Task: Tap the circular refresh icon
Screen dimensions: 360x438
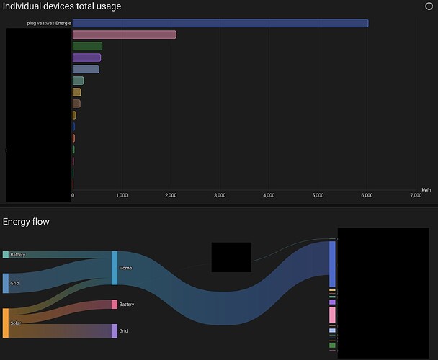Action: pos(429,6)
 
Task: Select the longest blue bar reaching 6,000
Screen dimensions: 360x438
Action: pos(220,23)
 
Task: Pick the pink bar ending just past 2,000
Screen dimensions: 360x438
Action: pos(124,35)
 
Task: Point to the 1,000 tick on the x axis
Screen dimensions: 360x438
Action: pos(122,195)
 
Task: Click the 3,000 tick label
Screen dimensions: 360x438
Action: pos(220,195)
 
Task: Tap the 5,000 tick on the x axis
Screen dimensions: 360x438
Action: pos(318,195)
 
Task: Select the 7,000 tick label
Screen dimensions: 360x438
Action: pos(416,195)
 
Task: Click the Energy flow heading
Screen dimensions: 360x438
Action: pos(26,222)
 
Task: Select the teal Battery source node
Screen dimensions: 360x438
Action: pos(6,255)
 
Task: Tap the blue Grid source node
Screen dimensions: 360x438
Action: pos(6,283)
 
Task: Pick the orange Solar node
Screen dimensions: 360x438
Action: pos(6,323)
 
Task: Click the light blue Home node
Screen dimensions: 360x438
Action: pos(115,268)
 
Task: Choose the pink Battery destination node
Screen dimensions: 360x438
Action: pos(114,305)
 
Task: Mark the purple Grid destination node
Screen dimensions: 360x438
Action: pos(114,330)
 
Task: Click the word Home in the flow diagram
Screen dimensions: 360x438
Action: pos(126,268)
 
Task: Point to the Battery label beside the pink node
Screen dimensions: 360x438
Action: pos(127,305)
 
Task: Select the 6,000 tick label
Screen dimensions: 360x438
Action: pos(367,195)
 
